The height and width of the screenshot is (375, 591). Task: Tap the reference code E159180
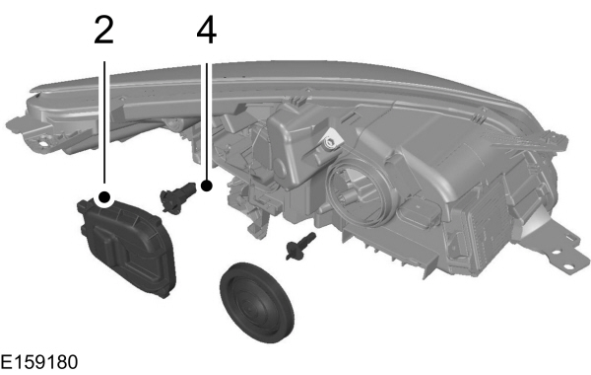tap(39, 363)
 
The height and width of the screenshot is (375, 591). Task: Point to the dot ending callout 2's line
tap(103, 196)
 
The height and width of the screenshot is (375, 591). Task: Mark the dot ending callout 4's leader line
tap(206, 185)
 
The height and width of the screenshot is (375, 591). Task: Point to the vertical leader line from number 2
tap(103, 118)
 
